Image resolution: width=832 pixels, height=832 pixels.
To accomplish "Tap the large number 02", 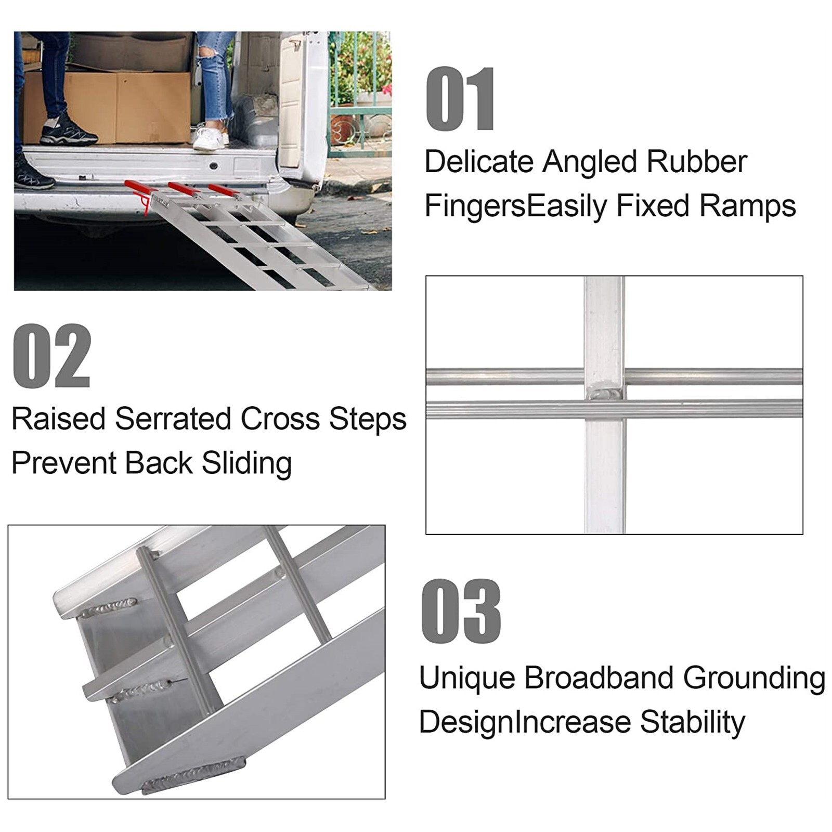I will [x=51, y=356].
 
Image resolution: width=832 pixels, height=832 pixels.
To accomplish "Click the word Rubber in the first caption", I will [x=696, y=161].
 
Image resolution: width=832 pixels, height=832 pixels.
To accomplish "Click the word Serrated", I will [x=174, y=419].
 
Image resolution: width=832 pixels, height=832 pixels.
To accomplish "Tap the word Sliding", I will [x=246, y=463].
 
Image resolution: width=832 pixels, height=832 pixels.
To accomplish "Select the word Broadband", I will [x=599, y=678].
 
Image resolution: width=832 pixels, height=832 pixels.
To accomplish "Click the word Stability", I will [x=692, y=722].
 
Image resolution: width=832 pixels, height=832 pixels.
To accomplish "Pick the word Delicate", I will [x=479, y=161].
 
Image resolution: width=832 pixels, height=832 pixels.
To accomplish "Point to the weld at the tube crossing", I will [x=605, y=393].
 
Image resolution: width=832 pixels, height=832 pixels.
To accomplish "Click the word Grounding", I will [x=753, y=678].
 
